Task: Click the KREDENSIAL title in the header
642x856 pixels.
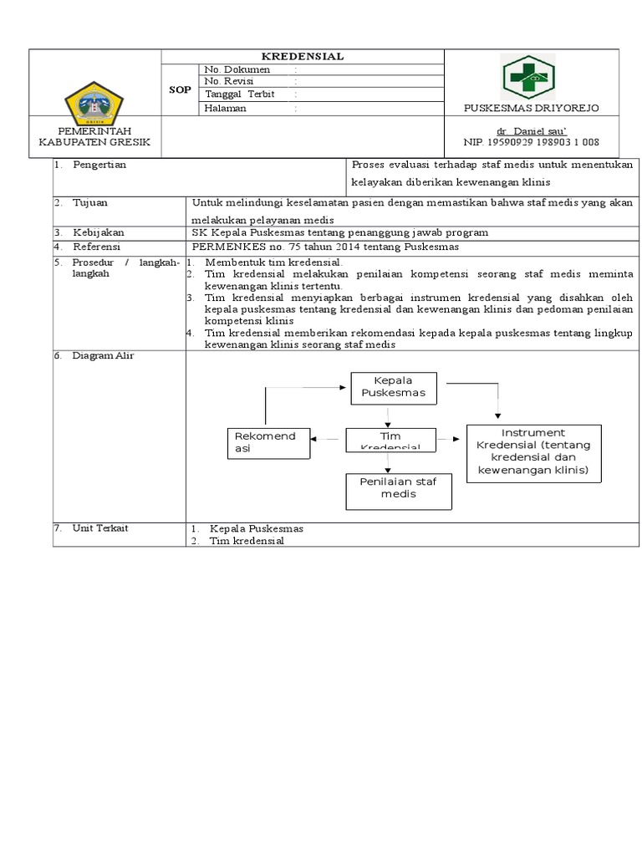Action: coord(303,56)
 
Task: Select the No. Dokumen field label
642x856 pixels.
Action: coord(237,69)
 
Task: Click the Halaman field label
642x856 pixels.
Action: coord(226,108)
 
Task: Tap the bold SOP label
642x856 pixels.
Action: coord(180,89)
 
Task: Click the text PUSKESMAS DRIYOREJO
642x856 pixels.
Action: coord(531,109)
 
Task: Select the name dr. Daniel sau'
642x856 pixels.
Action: coord(532,132)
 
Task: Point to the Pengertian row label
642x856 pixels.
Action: coord(99,166)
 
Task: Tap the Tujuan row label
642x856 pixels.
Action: coord(89,202)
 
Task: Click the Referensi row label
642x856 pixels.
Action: coord(96,247)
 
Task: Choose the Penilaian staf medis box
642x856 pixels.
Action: coord(399,488)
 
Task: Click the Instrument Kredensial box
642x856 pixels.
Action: coord(533,452)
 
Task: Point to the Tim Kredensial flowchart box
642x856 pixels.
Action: coord(390,440)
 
